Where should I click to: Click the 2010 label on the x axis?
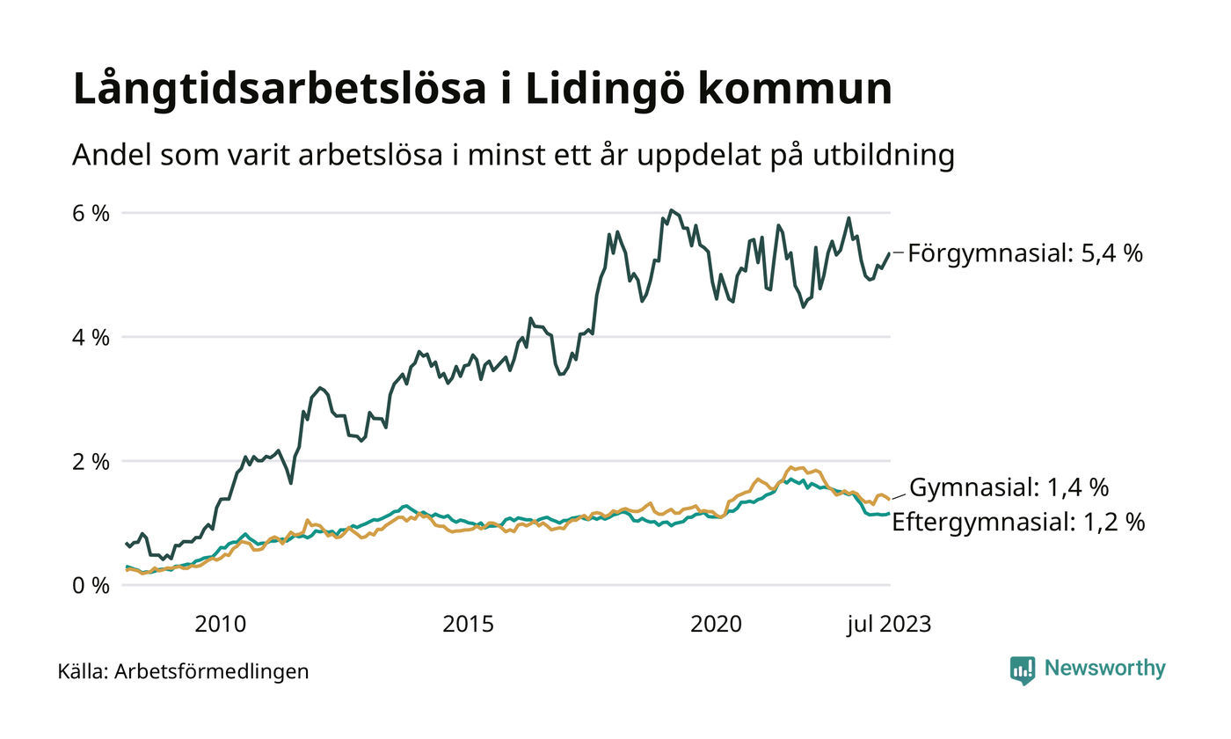point(221,625)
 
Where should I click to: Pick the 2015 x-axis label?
point(469,625)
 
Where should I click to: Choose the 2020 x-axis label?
point(717,625)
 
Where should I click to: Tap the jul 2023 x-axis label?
point(888,625)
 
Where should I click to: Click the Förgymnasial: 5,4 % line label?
point(1025,253)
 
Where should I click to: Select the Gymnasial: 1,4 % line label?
point(1009,487)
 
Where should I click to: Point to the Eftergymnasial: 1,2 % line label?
point(1018,523)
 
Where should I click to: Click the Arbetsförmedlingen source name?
point(211,672)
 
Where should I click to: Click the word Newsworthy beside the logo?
point(1104,669)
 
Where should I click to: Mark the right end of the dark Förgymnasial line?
point(889,253)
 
